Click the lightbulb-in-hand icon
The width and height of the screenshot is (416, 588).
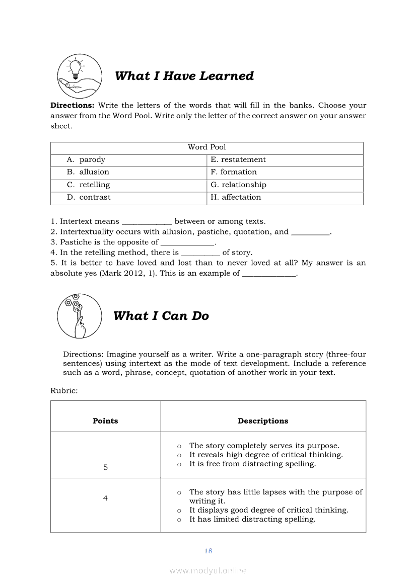pos(80,76)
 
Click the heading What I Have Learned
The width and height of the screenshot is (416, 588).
pos(184,76)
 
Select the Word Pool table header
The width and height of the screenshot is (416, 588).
pos(206,147)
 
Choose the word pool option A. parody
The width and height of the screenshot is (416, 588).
pos(86,160)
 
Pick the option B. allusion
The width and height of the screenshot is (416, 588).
pos(88,172)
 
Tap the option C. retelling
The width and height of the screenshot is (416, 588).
pos(89,185)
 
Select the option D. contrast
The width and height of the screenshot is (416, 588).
pos(89,197)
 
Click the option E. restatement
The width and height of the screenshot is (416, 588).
pos(238,160)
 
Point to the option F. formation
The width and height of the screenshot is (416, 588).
pos(234,172)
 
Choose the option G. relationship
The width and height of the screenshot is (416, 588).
pos(238,185)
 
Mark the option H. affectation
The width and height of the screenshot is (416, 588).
pos(236,197)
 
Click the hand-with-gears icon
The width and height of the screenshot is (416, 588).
pos(79,316)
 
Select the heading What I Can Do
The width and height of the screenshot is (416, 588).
pos(161,316)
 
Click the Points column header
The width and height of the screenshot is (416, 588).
pos(105,421)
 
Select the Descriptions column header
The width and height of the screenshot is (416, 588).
pos(263,421)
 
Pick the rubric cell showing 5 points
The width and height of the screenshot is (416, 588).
pos(105,467)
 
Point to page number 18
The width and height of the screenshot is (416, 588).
pos(208,551)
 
